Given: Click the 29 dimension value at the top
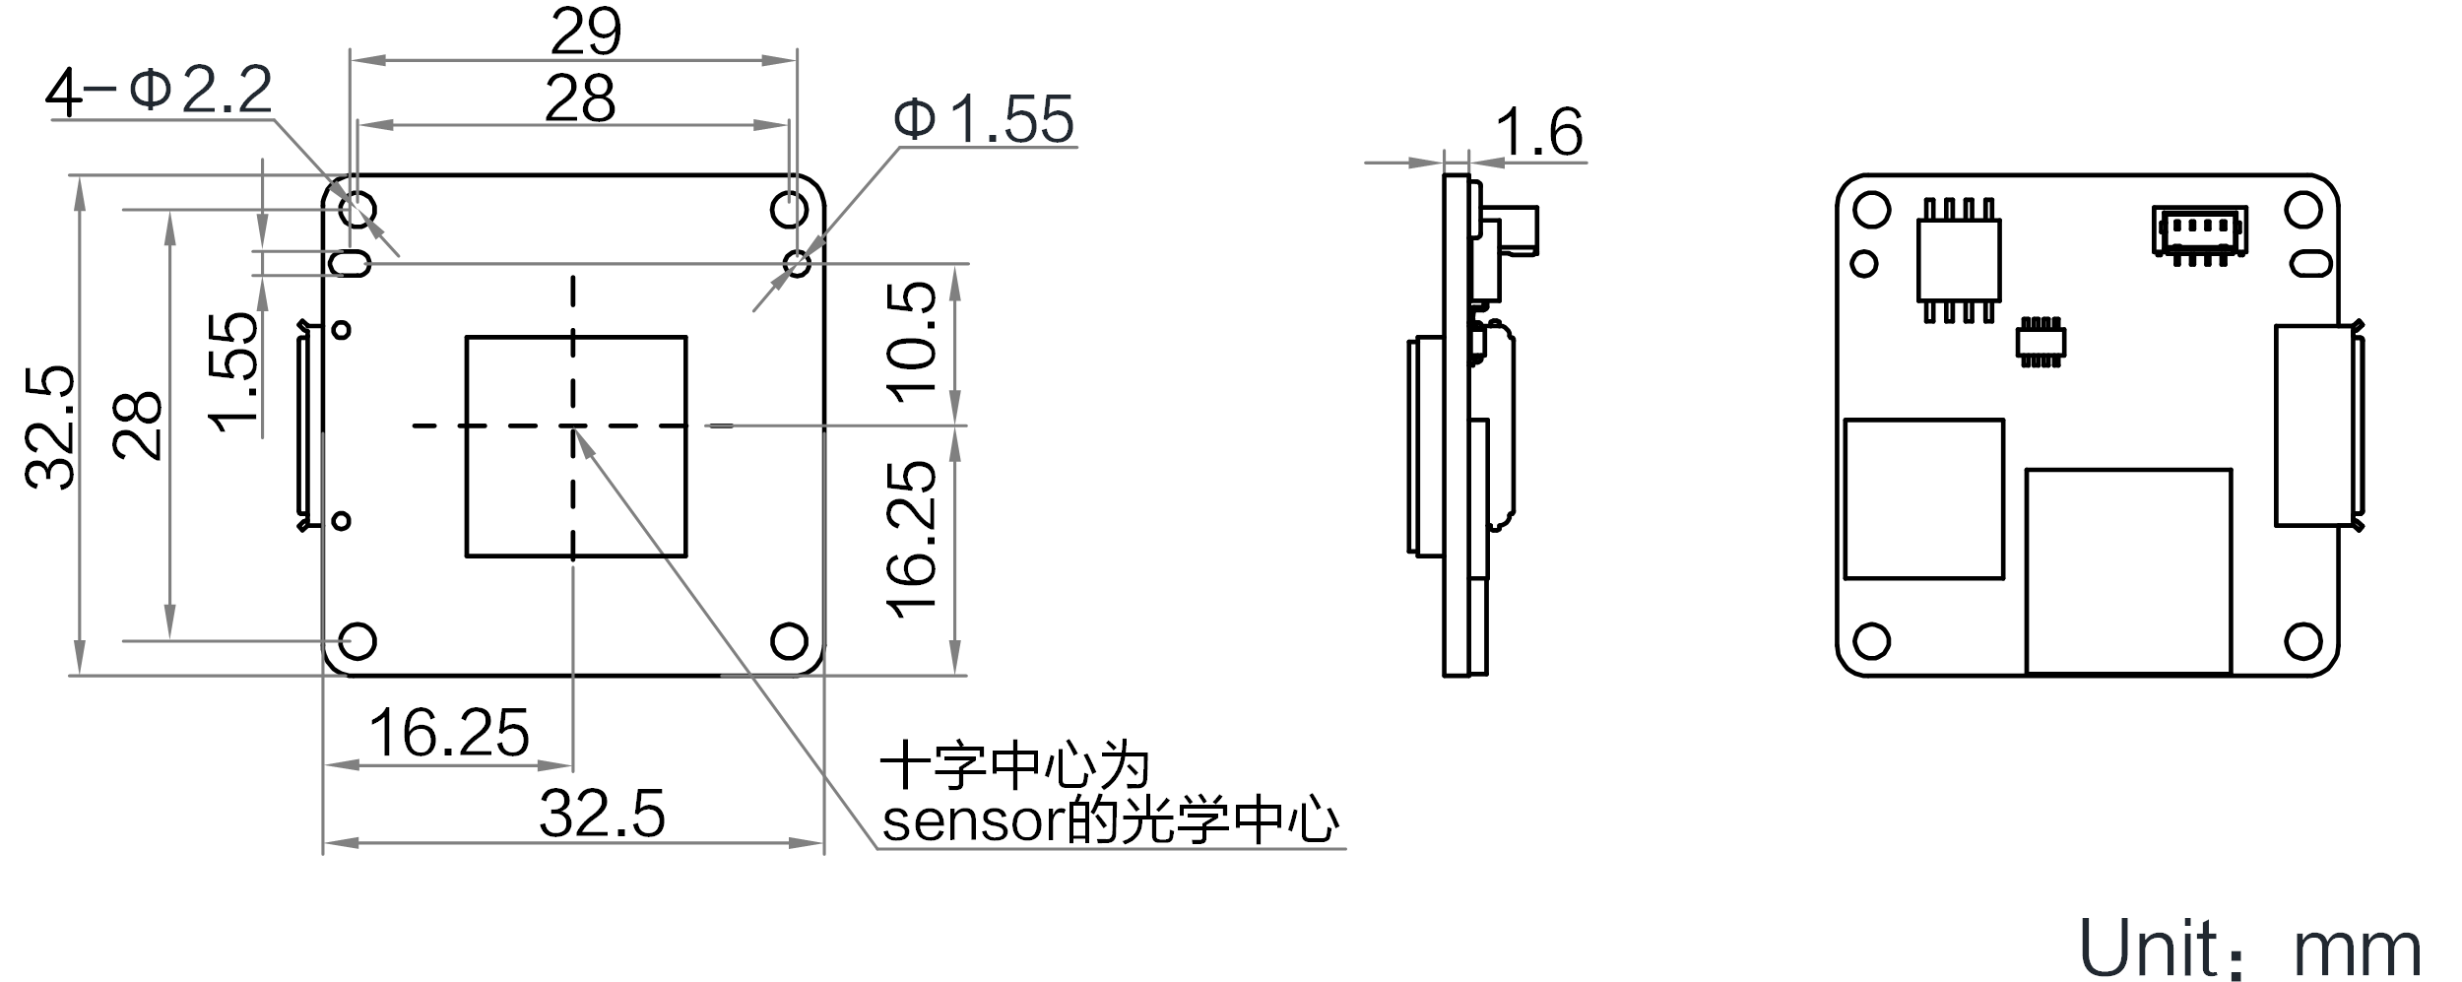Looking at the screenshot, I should [x=586, y=33].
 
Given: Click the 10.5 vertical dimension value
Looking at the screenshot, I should [x=911, y=338].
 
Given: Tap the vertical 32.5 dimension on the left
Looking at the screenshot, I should [x=49, y=427].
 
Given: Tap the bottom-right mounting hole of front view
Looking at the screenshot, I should [x=789, y=641].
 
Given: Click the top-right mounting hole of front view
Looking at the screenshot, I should [x=790, y=210].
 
